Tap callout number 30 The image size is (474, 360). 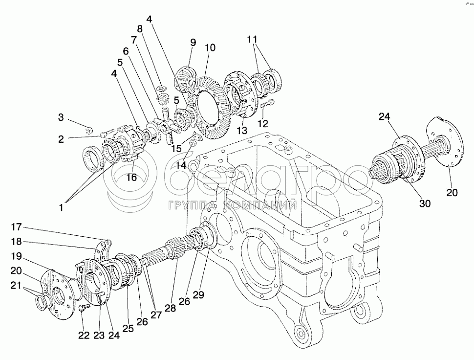(x=425, y=203)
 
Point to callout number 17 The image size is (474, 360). (x=17, y=226)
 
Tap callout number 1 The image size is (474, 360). (x=61, y=207)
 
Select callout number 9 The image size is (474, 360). (x=192, y=42)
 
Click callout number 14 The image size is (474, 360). (x=181, y=165)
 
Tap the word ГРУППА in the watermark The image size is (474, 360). (x=193, y=206)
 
